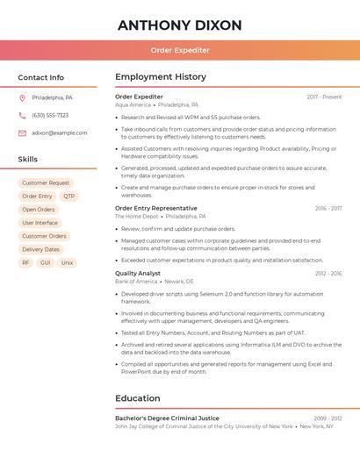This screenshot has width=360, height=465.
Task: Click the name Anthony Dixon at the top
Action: pyautogui.click(x=179, y=25)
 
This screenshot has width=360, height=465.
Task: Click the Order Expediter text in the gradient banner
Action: pyautogui.click(x=180, y=51)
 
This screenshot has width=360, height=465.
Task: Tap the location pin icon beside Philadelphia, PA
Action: pyautogui.click(x=22, y=97)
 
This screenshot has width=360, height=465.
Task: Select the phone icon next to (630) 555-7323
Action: pyautogui.click(x=22, y=115)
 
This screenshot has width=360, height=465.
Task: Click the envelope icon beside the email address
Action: pyautogui.click(x=22, y=132)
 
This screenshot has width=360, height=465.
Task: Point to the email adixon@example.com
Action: pyautogui.click(x=60, y=132)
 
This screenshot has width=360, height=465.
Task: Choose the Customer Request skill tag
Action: pyautogui.click(x=46, y=183)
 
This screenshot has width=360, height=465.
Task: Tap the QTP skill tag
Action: pyautogui.click(x=69, y=197)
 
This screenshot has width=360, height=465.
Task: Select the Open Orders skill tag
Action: pyautogui.click(x=39, y=210)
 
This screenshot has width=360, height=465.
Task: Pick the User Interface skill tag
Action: pyautogui.click(x=40, y=223)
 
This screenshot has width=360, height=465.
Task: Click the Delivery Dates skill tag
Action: pyautogui.click(x=40, y=249)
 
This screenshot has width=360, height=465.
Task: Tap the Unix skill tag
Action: pyautogui.click(x=68, y=262)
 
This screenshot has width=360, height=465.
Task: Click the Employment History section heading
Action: pyautogui.click(x=161, y=77)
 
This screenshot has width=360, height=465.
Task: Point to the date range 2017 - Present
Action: pyautogui.click(x=324, y=97)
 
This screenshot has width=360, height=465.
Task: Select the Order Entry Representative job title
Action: pyautogui.click(x=156, y=208)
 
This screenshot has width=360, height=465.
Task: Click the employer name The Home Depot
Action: pyautogui.click(x=137, y=216)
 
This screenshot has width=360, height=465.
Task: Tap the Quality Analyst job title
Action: pyautogui.click(x=138, y=273)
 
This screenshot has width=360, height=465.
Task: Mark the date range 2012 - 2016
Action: pyautogui.click(x=328, y=273)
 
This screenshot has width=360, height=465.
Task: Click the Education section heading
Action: pyautogui.click(x=138, y=398)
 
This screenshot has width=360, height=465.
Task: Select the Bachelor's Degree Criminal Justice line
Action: pyautogui.click(x=167, y=418)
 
